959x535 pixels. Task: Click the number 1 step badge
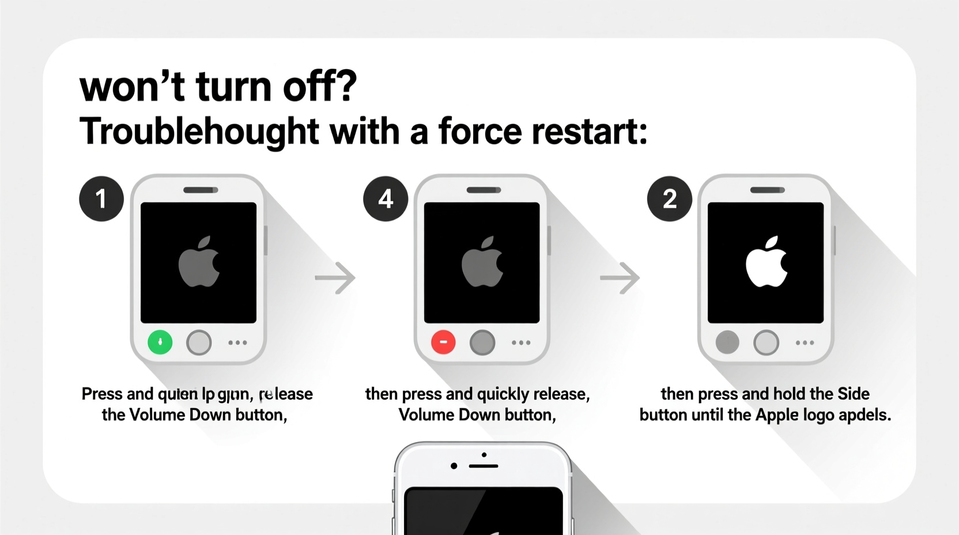pyautogui.click(x=101, y=199)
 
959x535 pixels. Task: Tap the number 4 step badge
pyautogui.click(x=386, y=199)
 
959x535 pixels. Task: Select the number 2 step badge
pyautogui.click(x=669, y=199)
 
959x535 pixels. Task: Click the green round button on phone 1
pyautogui.click(x=160, y=342)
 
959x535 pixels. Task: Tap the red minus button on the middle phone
pyautogui.click(x=443, y=342)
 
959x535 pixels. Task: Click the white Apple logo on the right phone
pyautogui.click(x=766, y=262)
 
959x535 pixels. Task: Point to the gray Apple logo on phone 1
pyautogui.click(x=199, y=262)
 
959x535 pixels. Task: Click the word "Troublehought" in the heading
pyautogui.click(x=199, y=131)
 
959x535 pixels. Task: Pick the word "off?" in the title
pyautogui.click(x=320, y=86)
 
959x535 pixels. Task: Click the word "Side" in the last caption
pyautogui.click(x=853, y=394)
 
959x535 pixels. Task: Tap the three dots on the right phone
pyautogui.click(x=805, y=342)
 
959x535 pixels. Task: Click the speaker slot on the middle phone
pyautogui.click(x=484, y=190)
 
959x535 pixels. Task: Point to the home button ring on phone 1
pyautogui.click(x=199, y=342)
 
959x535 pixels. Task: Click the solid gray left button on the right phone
pyautogui.click(x=727, y=342)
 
